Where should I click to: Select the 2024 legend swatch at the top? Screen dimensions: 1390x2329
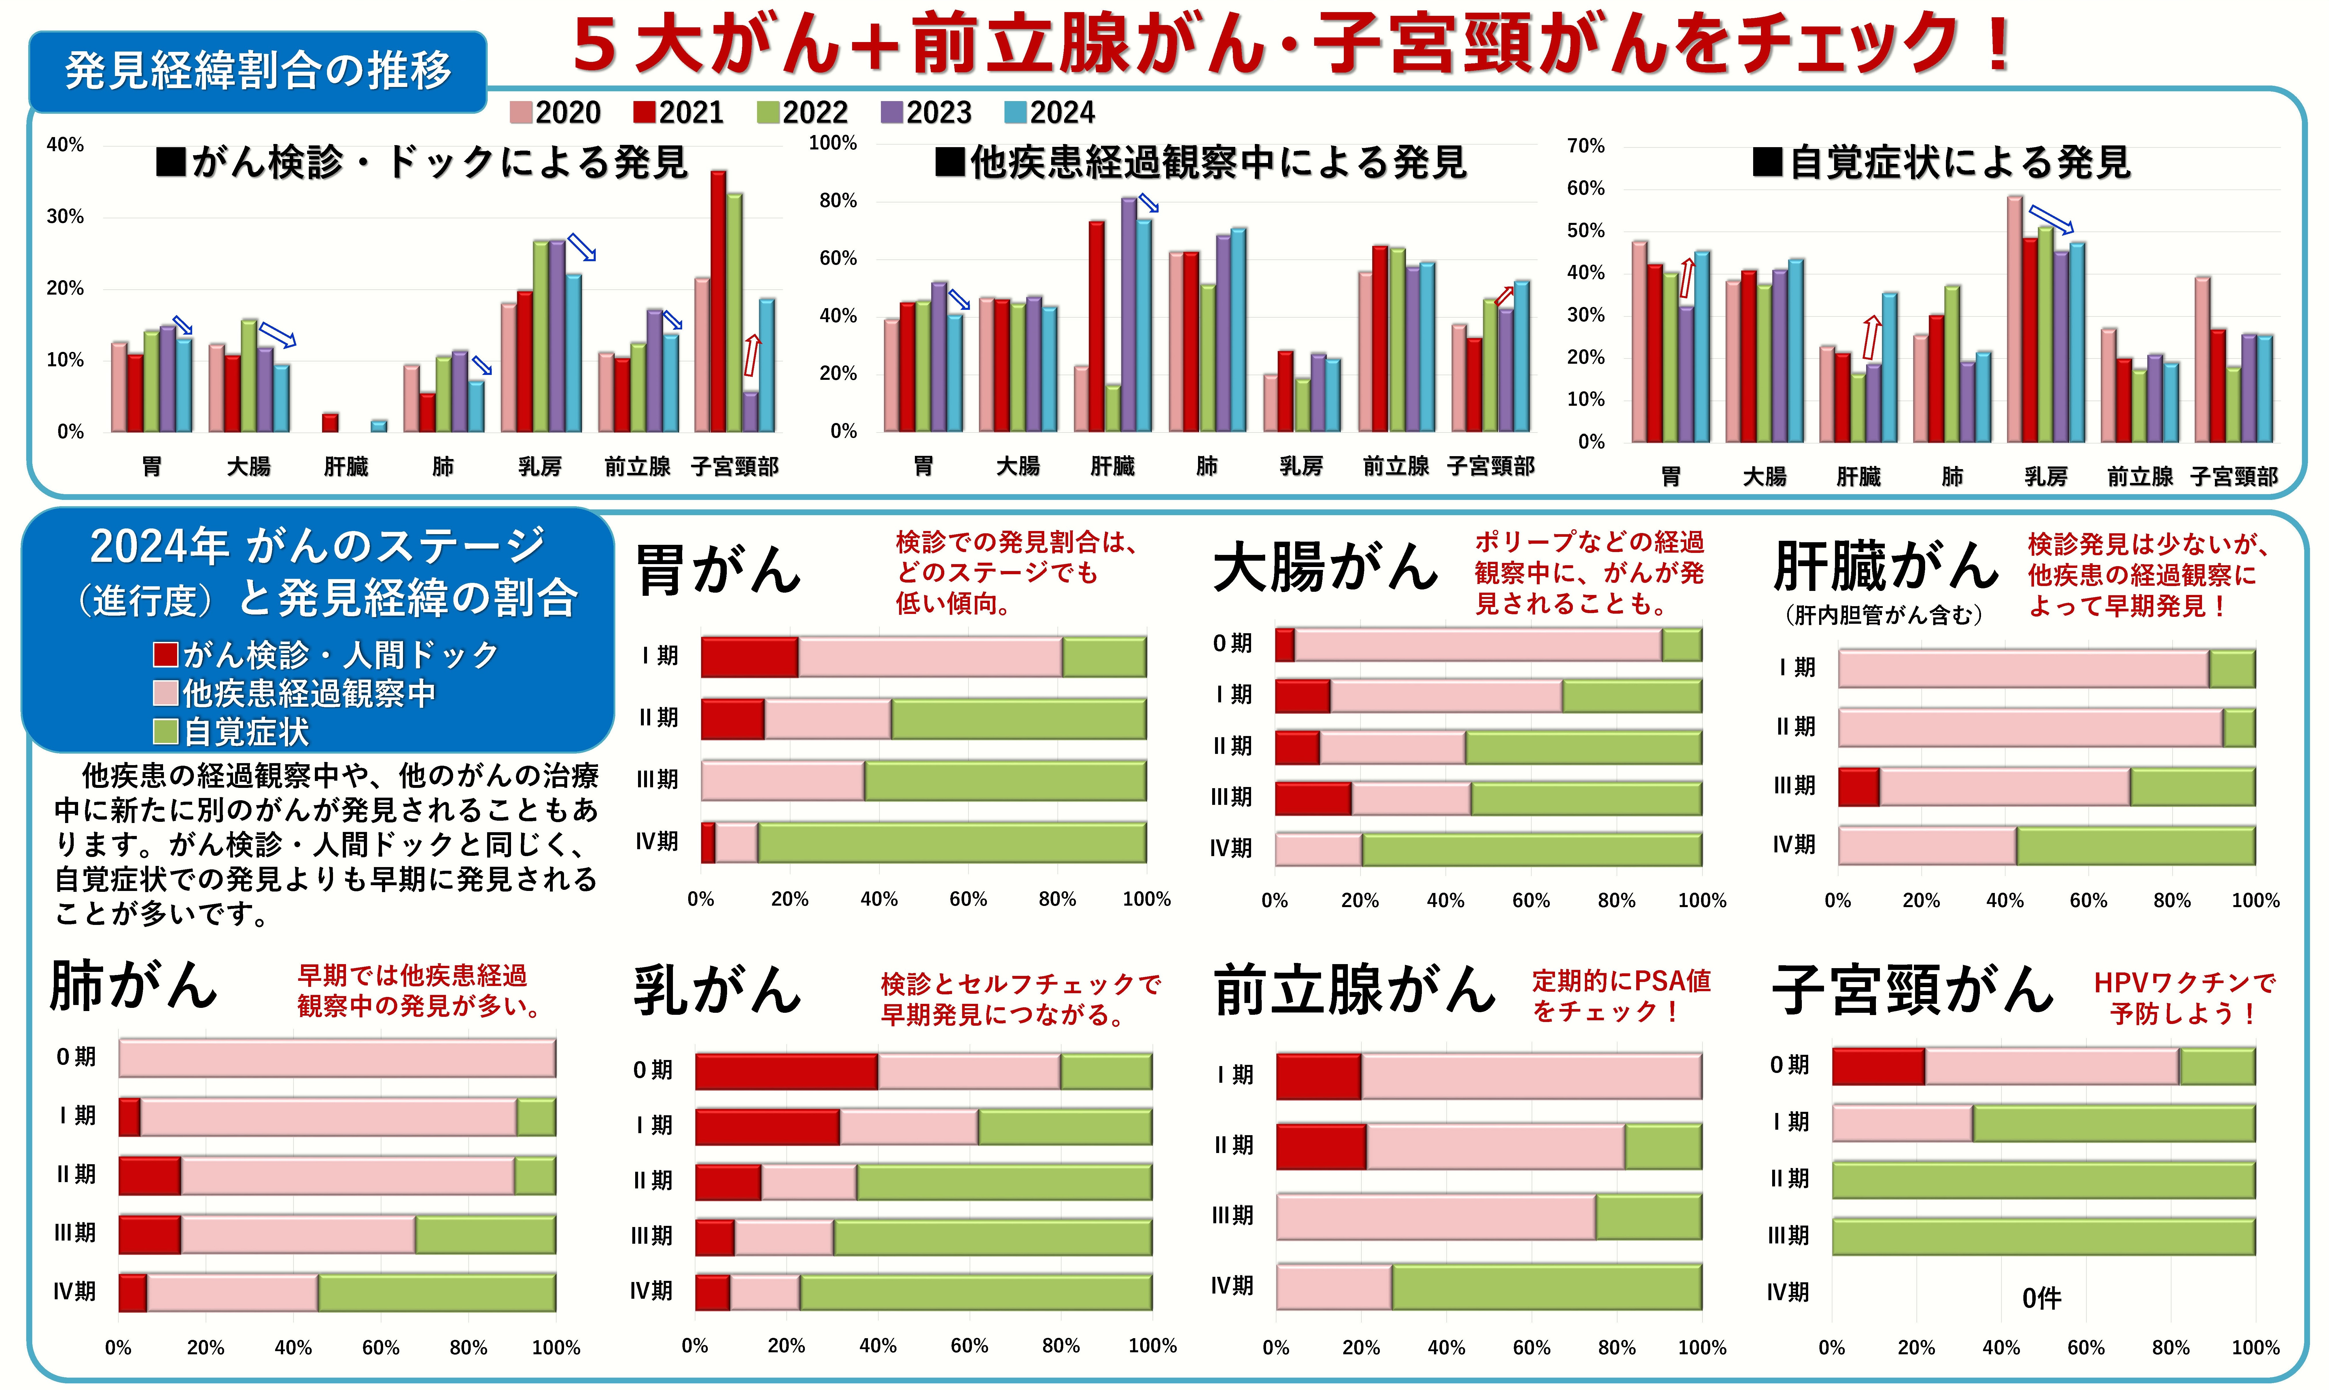[1015, 112]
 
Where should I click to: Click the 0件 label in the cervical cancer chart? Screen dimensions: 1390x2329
[2042, 1298]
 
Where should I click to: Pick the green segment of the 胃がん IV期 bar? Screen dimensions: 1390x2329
[951, 842]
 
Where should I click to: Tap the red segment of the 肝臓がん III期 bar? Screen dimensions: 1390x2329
[1859, 787]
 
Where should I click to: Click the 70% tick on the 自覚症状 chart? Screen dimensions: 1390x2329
[1585, 146]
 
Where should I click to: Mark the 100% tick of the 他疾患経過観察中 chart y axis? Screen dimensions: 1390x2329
[833, 143]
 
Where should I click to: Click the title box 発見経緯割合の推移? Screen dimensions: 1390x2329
[258, 71]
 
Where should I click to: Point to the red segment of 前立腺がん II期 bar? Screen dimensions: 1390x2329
[1321, 1146]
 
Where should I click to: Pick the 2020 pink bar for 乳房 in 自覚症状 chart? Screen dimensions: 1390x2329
[2014, 318]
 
